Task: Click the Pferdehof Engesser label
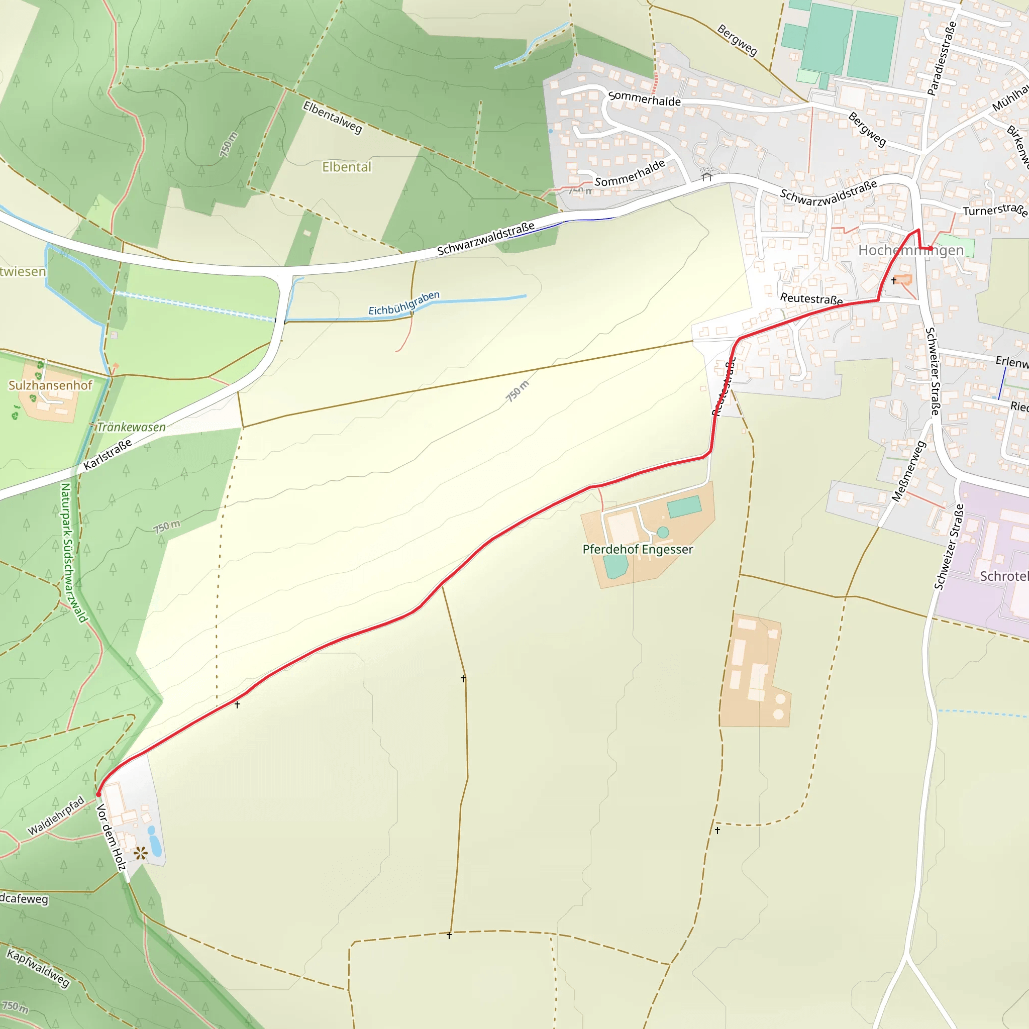pyautogui.click(x=638, y=549)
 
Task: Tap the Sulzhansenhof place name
pyautogui.click(x=50, y=385)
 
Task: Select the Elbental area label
pyautogui.click(x=346, y=167)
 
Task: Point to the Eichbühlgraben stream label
pyautogui.click(x=404, y=303)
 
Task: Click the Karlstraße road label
pyautogui.click(x=108, y=455)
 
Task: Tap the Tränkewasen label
pyautogui.click(x=131, y=427)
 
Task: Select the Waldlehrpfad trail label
pyautogui.click(x=56, y=815)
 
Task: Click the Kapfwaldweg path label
pyautogui.click(x=38, y=968)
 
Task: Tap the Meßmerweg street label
pyautogui.click(x=909, y=471)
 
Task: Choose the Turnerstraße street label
pyautogui.click(x=994, y=211)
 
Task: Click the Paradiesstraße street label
pyautogui.click(x=942, y=59)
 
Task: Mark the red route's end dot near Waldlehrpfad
pyautogui.click(x=98, y=794)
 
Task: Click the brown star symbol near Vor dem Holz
pyautogui.click(x=141, y=854)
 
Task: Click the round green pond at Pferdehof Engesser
pyautogui.click(x=663, y=532)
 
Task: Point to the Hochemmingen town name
pyautogui.click(x=911, y=250)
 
